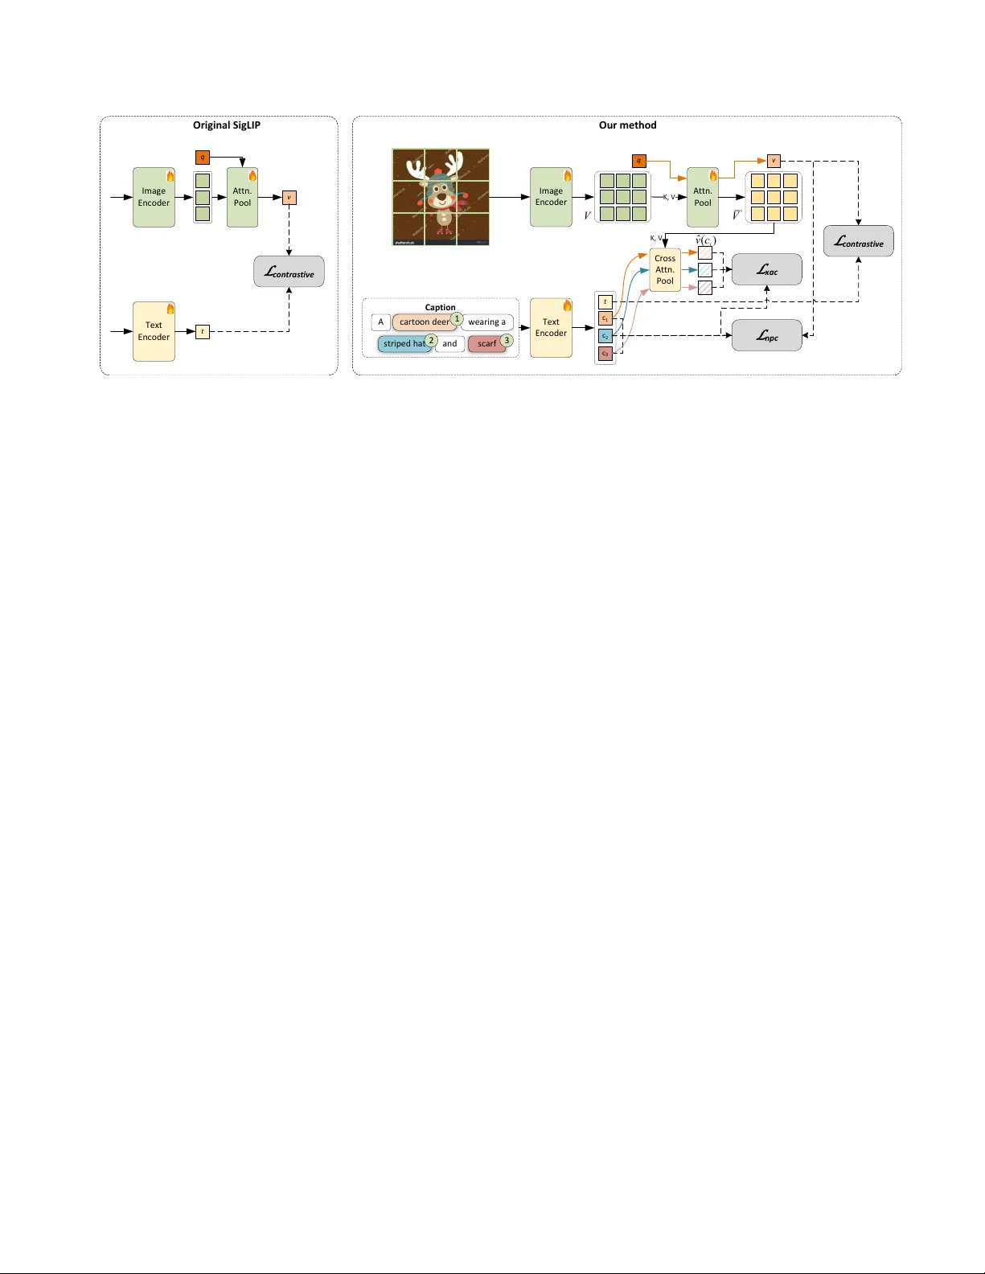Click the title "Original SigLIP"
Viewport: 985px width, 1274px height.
pos(226,125)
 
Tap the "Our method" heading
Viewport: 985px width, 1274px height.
pos(627,125)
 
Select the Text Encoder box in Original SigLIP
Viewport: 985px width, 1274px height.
pos(154,331)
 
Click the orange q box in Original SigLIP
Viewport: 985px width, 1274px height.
pos(203,158)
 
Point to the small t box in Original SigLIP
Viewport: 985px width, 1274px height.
pos(203,331)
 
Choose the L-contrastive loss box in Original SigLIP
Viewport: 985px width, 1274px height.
pos(289,272)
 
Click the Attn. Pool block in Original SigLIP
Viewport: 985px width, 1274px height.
pos(242,197)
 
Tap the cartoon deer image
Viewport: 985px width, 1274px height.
pos(441,197)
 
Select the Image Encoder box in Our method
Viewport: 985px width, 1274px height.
pos(551,197)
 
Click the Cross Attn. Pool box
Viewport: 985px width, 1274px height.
pos(665,270)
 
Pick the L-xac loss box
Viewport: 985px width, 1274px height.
pos(766,270)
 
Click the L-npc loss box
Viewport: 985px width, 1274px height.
pos(766,335)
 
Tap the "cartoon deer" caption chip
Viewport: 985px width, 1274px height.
pos(424,322)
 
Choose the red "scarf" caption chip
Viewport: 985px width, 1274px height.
pos(486,344)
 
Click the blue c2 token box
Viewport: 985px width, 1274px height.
pos(605,336)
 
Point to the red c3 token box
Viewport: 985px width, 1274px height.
pos(605,354)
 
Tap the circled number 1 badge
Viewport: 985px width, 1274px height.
pos(457,318)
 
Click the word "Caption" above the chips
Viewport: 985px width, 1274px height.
pos(440,307)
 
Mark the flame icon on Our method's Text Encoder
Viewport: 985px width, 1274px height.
pos(567,305)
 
